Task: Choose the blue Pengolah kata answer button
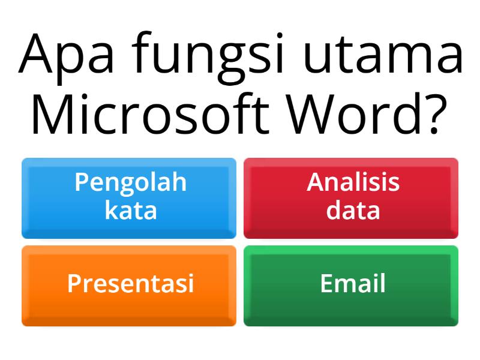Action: pos(129,198)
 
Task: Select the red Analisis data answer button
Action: pos(351,198)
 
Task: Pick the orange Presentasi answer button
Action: pos(129,286)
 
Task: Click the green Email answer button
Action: pos(351,286)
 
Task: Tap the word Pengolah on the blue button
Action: pos(131,183)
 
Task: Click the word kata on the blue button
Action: pos(131,211)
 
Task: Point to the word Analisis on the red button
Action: pos(353,182)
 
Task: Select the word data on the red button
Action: pos(353,211)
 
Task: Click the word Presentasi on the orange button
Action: pos(131,284)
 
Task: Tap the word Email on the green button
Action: pos(353,284)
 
